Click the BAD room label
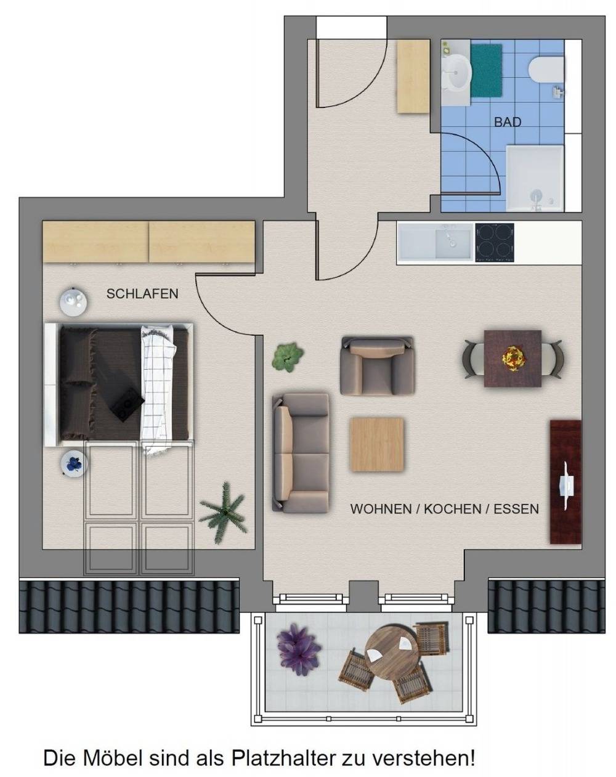click(x=508, y=123)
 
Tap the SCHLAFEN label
click(x=142, y=294)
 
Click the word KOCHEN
click(x=452, y=509)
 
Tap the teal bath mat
click(x=486, y=70)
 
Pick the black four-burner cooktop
click(x=494, y=242)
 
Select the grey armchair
click(x=377, y=365)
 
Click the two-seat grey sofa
click(x=301, y=453)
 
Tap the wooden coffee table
click(x=376, y=444)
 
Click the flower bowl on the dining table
click(x=513, y=358)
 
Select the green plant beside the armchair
click(x=288, y=357)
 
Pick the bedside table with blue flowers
click(x=74, y=464)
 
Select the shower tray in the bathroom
click(x=535, y=178)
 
